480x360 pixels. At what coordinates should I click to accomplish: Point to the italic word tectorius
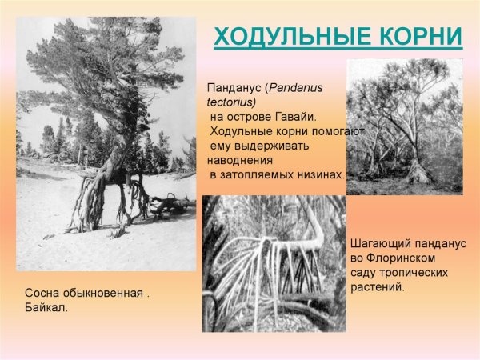click(230, 102)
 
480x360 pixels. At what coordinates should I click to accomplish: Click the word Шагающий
click(382, 242)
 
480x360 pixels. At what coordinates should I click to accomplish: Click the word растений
click(378, 286)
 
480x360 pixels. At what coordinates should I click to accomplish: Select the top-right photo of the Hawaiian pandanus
click(404, 126)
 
